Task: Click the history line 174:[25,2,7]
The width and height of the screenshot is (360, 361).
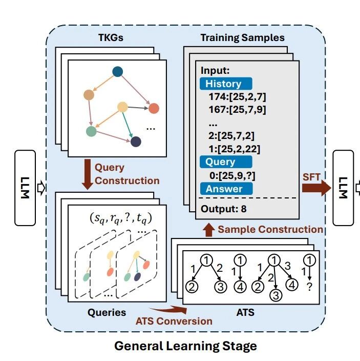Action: pos(237,96)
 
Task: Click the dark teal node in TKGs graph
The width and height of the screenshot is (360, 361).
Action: pos(117,72)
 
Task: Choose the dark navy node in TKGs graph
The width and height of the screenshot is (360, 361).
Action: pos(136,142)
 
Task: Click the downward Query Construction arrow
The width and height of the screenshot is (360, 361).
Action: pos(85,174)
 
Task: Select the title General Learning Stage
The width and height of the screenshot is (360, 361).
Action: pos(185,346)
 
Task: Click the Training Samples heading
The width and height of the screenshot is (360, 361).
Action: pos(242,38)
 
